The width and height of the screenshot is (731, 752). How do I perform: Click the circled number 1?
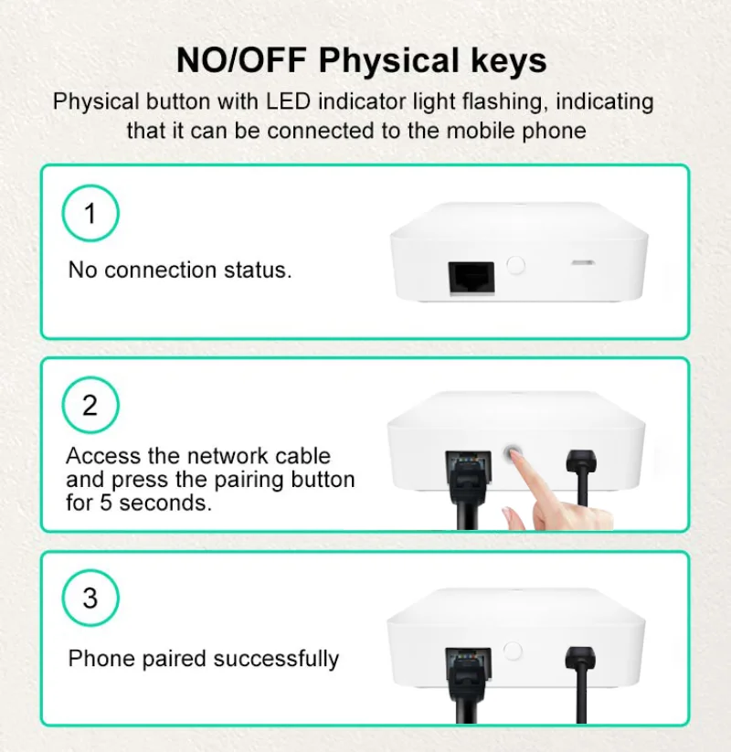(x=90, y=214)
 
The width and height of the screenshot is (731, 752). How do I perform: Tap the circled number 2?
(x=90, y=405)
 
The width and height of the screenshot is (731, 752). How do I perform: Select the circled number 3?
(x=90, y=598)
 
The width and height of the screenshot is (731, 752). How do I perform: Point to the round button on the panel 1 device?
(x=516, y=266)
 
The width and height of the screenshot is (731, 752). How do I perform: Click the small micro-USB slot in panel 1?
(x=581, y=263)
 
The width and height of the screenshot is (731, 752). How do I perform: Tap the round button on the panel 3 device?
(x=514, y=651)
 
